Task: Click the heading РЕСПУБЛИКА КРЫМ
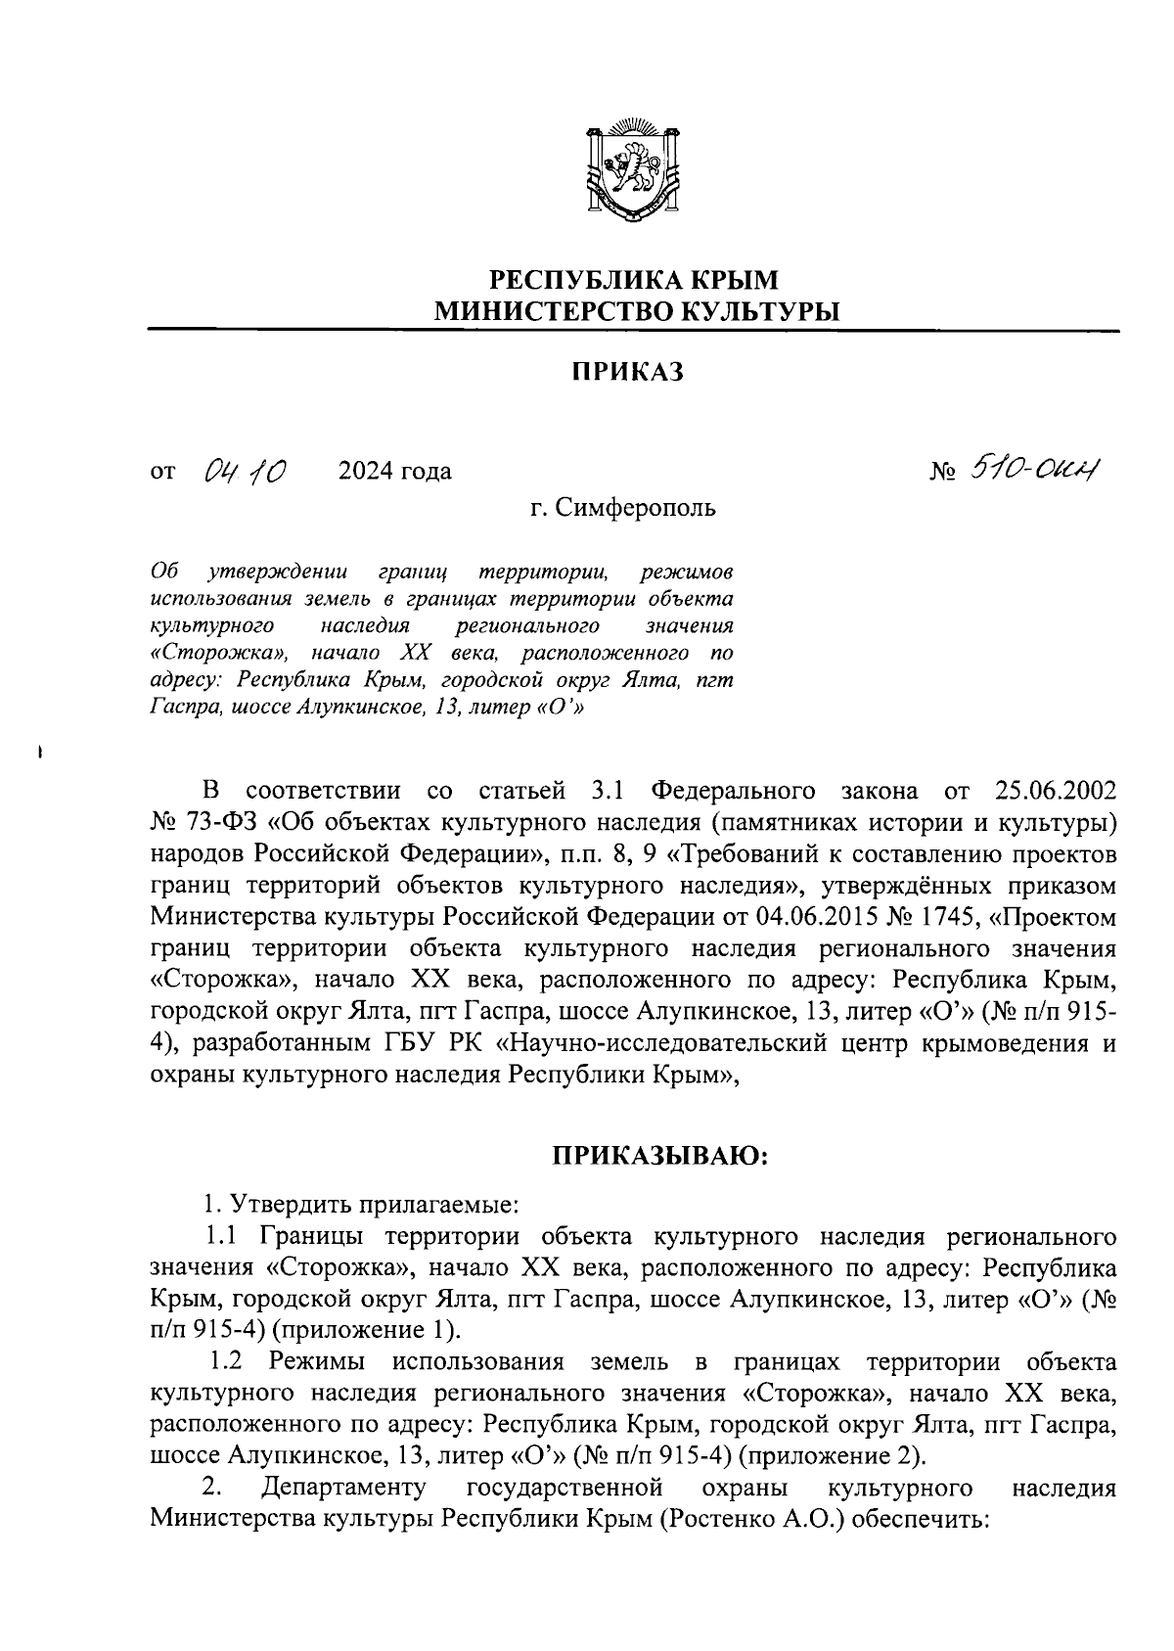(634, 280)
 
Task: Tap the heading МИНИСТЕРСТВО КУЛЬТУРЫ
(637, 312)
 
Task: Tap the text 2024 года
(394, 472)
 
